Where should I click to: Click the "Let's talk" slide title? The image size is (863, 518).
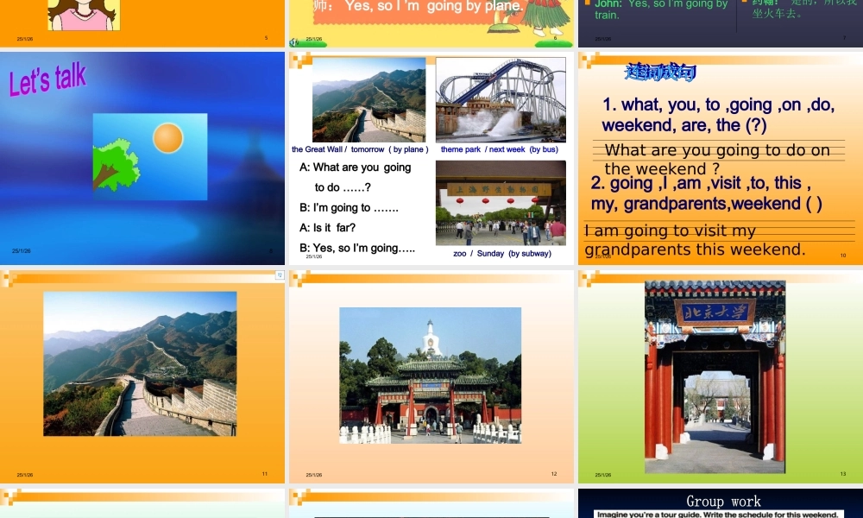pyautogui.click(x=47, y=79)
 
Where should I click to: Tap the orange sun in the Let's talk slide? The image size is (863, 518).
pyautogui.click(x=167, y=138)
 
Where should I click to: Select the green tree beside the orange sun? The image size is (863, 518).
pyautogui.click(x=114, y=164)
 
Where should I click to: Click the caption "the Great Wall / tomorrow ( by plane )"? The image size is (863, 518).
pyautogui.click(x=360, y=149)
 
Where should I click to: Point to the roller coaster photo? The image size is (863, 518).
pyautogui.click(x=501, y=98)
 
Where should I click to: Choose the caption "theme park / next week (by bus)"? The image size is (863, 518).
pyautogui.click(x=499, y=149)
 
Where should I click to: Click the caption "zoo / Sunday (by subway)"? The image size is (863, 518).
pyautogui.click(x=501, y=254)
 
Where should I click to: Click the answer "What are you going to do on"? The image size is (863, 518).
pyautogui.click(x=717, y=150)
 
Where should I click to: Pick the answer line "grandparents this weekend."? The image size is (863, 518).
pyautogui.click(x=695, y=250)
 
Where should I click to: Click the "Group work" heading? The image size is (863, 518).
pyautogui.click(x=723, y=501)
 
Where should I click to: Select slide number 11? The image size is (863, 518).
pyautogui.click(x=265, y=474)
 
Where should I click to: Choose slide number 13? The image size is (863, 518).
pyautogui.click(x=843, y=474)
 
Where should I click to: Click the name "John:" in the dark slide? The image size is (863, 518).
pyautogui.click(x=608, y=4)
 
